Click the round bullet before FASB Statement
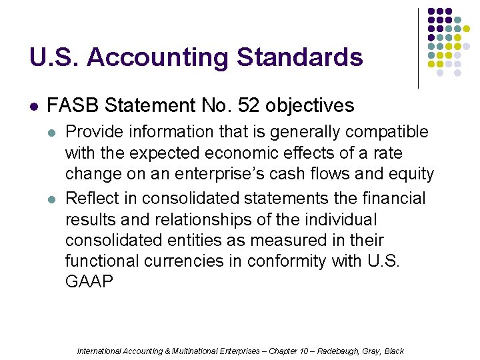[34, 106]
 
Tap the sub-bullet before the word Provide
[53, 133]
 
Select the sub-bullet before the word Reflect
[53, 199]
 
